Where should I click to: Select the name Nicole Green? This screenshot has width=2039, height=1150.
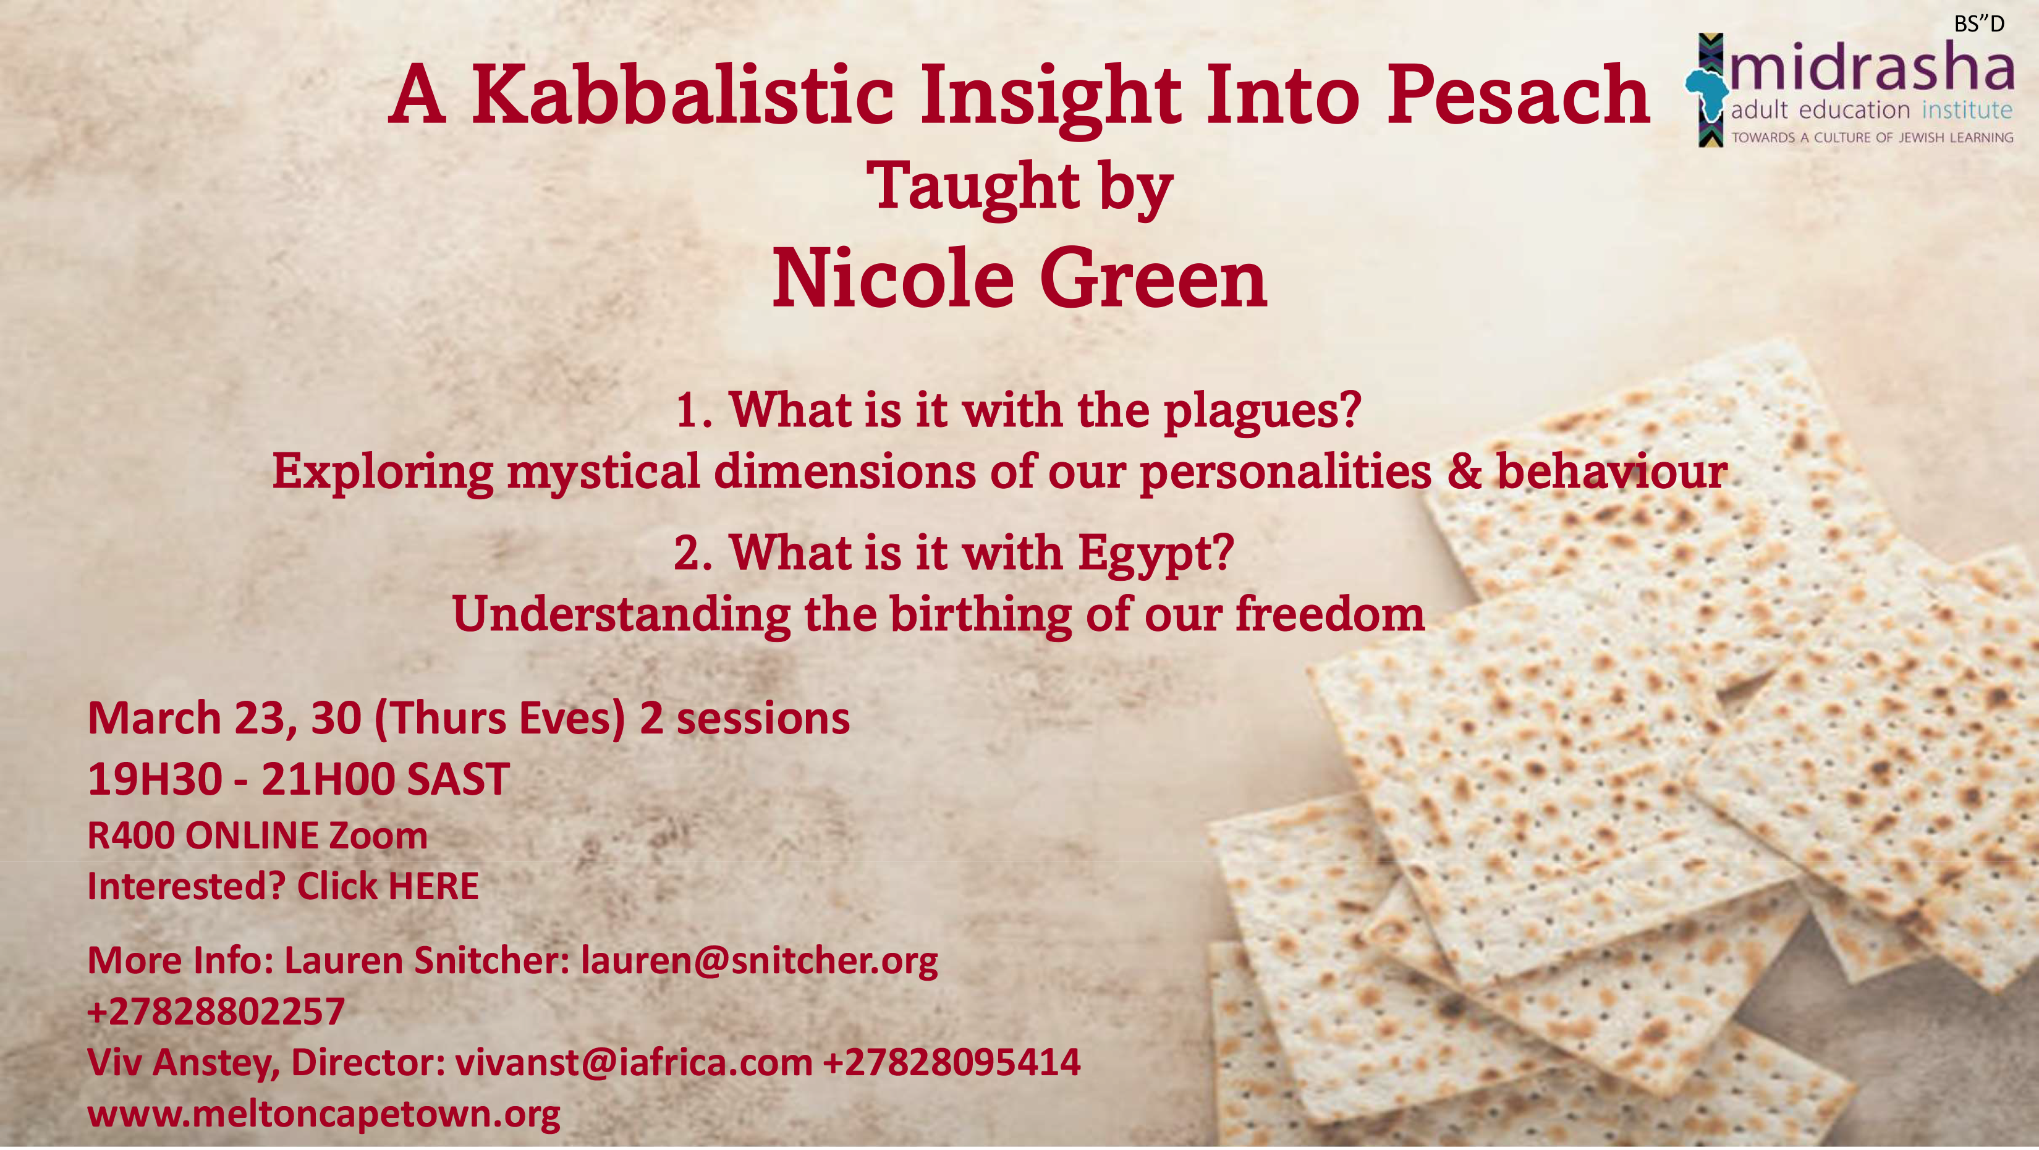1020,279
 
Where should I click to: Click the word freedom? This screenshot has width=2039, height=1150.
1330,614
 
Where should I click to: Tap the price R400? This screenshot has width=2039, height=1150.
130,836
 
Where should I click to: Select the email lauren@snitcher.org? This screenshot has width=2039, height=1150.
759,961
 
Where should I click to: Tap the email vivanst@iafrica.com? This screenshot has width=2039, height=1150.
634,1062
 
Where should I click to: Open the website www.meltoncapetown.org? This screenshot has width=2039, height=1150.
324,1114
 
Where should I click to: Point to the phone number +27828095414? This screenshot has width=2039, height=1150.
952,1062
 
